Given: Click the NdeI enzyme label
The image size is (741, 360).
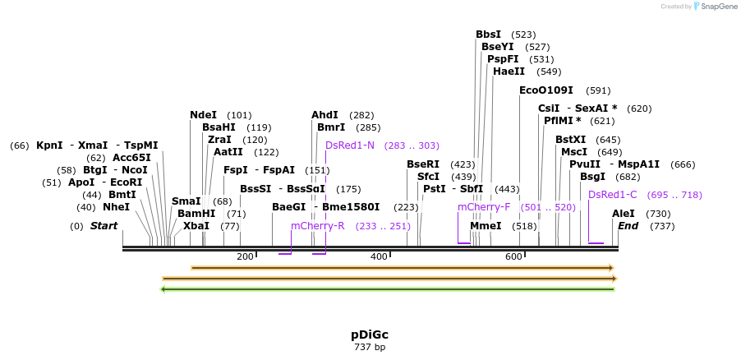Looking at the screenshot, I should pyautogui.click(x=203, y=115).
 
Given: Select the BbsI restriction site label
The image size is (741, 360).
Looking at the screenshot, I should pyautogui.click(x=488, y=35).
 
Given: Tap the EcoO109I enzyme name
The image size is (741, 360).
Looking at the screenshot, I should pyautogui.click(x=546, y=90).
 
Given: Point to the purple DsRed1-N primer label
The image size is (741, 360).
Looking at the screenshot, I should pyautogui.click(x=350, y=145).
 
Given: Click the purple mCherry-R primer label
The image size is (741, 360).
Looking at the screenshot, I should pyautogui.click(x=318, y=226).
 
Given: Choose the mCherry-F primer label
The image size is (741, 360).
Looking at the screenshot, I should pyautogui.click(x=484, y=207).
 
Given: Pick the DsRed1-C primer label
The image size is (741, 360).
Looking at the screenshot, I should pyautogui.click(x=612, y=195).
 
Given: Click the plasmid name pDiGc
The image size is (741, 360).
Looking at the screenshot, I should pyautogui.click(x=370, y=335).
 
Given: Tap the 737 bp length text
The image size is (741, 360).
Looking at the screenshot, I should pyautogui.click(x=370, y=348).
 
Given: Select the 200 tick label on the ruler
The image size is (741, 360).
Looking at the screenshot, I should pyautogui.click(x=245, y=257).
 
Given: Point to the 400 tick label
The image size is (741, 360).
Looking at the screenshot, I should pyautogui.click(x=379, y=257).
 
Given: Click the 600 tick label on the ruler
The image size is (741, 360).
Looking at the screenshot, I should pyautogui.click(x=513, y=257).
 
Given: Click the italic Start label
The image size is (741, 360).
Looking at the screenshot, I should pyautogui.click(x=104, y=226).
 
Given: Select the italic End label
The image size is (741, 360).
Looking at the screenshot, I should pyautogui.click(x=628, y=226).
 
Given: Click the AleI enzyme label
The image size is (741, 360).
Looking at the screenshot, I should pyautogui.click(x=624, y=214).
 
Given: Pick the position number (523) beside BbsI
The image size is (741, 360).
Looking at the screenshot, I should pyautogui.click(x=523, y=35).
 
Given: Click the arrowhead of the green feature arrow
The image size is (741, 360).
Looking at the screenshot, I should pyautogui.click(x=163, y=288).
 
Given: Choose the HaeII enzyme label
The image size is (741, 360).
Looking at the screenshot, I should pyautogui.click(x=509, y=72).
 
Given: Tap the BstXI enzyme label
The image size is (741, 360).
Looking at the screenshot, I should pyautogui.click(x=571, y=140).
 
